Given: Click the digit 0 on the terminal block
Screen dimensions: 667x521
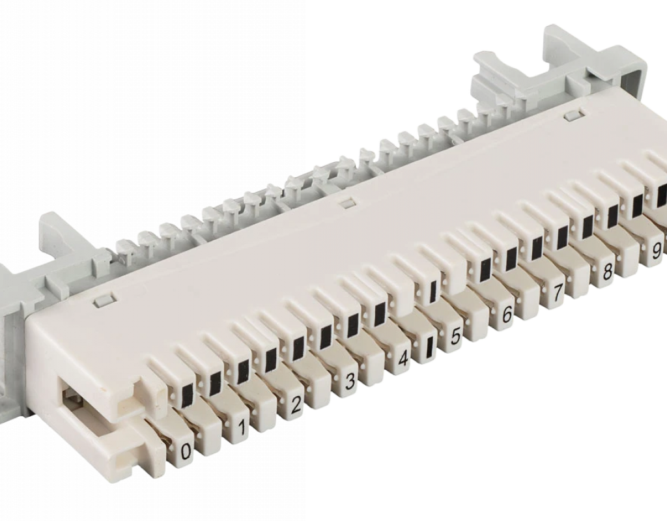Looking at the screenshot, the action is [x=186, y=453].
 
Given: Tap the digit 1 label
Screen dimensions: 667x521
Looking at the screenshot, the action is [x=242, y=428].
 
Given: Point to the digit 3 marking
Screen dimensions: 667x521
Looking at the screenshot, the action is [x=350, y=382].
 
